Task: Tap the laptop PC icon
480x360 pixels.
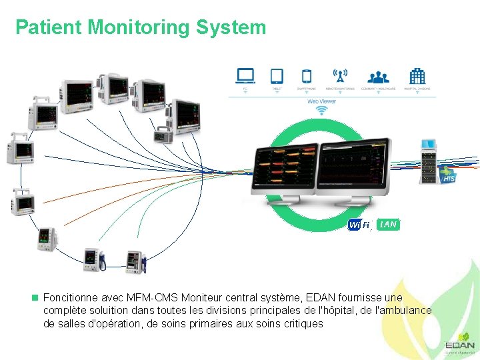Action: click(245, 76)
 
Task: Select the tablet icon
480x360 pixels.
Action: click(277, 76)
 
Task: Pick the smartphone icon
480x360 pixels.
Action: click(307, 76)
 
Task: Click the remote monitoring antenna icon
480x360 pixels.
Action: click(340, 76)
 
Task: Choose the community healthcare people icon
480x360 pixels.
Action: click(379, 76)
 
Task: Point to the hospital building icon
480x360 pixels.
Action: click(417, 76)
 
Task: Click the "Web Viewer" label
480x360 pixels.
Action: click(321, 101)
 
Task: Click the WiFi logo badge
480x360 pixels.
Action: click(359, 225)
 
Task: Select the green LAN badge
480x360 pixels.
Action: click(388, 225)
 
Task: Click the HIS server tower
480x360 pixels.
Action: click(428, 163)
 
